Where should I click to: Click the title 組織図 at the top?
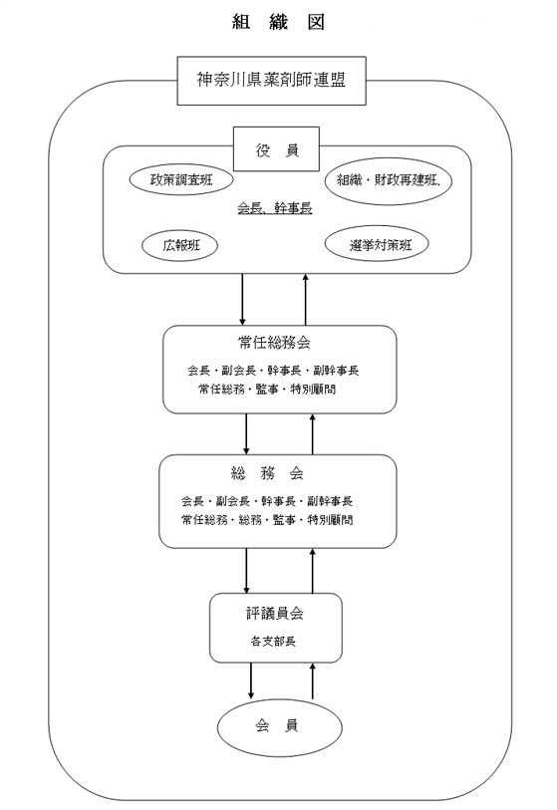pos(278,22)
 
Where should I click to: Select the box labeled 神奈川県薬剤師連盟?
pos(272,81)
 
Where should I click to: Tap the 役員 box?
pos(276,149)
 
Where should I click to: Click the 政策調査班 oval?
pos(180,179)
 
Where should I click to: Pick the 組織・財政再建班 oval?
pos(389,180)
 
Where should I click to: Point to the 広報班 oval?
pos(179,245)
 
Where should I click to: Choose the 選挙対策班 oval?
pos(378,244)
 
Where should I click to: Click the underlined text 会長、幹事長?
pos(275,208)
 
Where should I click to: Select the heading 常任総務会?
pos(274,343)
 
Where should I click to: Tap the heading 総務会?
pos(268,472)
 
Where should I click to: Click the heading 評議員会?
pos(274,613)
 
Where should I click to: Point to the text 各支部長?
pos(273,642)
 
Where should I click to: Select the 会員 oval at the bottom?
pos(280,726)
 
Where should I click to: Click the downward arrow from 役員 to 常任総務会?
pos(242,300)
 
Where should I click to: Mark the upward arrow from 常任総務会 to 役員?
pos(305,300)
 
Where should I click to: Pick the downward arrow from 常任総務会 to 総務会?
pos(246,434)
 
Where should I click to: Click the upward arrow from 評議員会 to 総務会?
pos(313,571)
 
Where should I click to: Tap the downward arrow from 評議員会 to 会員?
pos(250,680)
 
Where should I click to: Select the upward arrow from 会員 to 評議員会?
pos(313,680)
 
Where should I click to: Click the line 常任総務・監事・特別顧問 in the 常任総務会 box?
pos(267,389)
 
